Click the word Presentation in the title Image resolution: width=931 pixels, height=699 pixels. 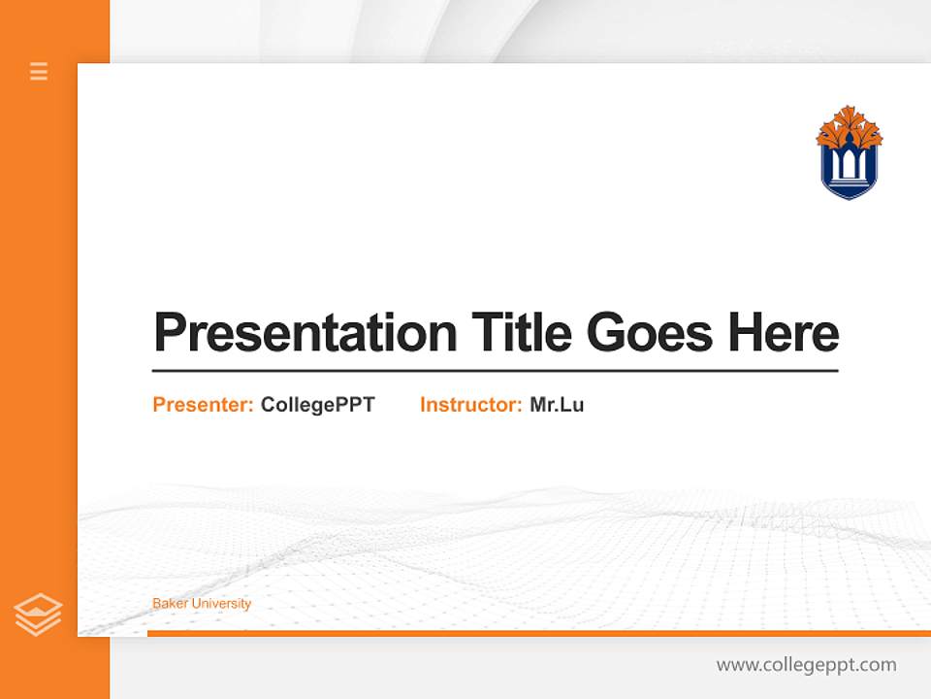pos(305,333)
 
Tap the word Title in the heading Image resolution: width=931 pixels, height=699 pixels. pos(521,333)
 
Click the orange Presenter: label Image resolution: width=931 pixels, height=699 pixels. pos(203,405)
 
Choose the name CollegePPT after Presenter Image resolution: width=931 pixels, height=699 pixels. pos(317,405)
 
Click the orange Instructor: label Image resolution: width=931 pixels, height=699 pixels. pos(470,405)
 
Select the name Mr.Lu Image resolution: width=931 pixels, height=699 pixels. pos(557,405)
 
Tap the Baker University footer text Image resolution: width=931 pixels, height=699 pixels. pos(202,604)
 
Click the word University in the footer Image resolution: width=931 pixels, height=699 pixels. pos(221,604)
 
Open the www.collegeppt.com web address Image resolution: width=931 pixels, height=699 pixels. pos(806,665)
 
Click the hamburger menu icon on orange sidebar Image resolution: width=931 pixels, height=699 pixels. pos(39,71)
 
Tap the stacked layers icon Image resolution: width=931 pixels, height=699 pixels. pos(38,615)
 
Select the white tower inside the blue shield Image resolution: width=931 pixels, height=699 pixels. pos(850,165)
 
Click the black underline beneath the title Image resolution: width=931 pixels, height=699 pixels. pos(495,370)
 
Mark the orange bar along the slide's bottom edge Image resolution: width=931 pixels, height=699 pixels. pos(538,633)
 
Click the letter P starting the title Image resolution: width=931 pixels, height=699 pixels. pos(169,333)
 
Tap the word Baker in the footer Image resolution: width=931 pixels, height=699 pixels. pos(170,604)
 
